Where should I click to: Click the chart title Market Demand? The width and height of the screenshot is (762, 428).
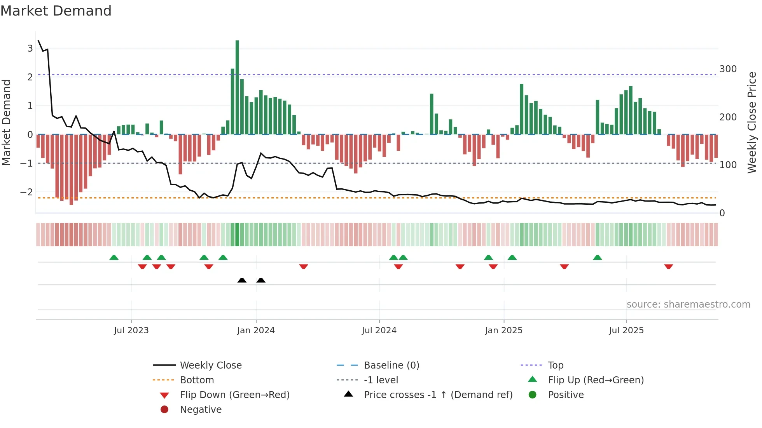click(56, 11)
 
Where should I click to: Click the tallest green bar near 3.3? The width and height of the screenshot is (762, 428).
click(237, 87)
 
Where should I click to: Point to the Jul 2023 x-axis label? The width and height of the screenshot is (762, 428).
click(131, 331)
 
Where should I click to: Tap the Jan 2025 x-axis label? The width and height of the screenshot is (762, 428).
click(504, 331)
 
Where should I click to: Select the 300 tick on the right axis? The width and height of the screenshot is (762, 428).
click(728, 69)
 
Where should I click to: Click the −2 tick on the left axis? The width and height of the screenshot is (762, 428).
click(26, 192)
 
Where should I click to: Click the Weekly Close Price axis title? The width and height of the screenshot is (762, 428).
click(752, 122)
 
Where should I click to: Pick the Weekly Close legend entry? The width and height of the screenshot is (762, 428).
click(210, 365)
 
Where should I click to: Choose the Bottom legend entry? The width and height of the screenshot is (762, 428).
click(197, 380)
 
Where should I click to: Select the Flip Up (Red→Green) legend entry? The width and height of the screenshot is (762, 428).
click(596, 380)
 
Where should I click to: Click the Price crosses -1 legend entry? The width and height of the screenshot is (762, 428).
click(438, 395)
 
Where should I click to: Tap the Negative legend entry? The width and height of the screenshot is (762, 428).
click(201, 410)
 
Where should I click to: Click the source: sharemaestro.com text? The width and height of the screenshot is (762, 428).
click(688, 304)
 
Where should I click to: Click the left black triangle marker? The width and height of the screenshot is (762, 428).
click(242, 280)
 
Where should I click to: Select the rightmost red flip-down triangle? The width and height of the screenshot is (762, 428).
click(669, 266)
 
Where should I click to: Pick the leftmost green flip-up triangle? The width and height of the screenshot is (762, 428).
click(114, 257)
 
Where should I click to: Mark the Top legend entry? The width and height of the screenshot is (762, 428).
click(556, 365)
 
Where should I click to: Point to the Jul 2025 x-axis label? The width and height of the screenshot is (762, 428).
click(626, 331)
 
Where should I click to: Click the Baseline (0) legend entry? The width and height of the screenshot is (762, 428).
click(391, 365)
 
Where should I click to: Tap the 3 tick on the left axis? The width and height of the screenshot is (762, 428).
click(30, 49)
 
